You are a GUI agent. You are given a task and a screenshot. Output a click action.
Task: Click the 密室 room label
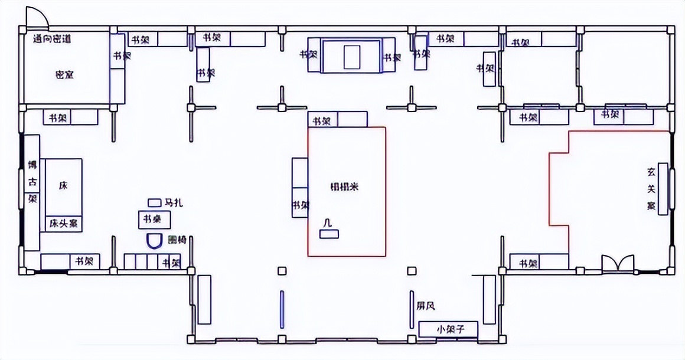tap(64, 75)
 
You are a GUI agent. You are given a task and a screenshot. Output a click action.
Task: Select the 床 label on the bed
tap(63, 185)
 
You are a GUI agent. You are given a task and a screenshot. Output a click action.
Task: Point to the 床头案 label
tap(64, 224)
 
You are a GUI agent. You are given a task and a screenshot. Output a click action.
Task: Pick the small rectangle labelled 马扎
tap(154, 202)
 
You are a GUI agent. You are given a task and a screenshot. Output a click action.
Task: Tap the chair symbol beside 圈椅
tap(155, 241)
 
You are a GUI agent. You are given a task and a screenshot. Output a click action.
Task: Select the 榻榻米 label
tap(344, 186)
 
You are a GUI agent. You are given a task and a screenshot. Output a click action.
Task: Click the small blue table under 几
tap(329, 234)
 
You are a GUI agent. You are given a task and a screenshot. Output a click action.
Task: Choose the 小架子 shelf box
tap(448, 329)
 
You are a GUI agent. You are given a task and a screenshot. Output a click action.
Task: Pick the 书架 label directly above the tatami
tap(322, 122)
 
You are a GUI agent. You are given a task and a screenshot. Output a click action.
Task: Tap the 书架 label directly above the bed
tap(57, 117)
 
